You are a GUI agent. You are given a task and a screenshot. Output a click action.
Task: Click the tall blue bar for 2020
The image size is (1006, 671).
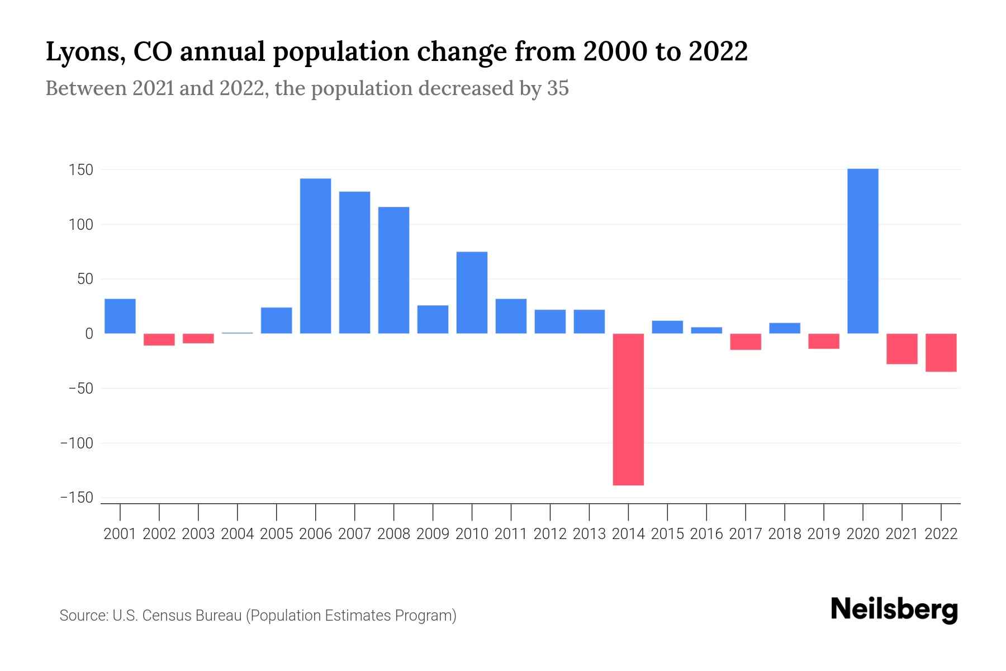click(x=862, y=251)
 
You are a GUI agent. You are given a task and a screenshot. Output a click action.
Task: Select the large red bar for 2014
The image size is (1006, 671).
click(x=628, y=409)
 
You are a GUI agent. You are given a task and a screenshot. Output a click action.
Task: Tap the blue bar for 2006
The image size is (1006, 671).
click(x=315, y=256)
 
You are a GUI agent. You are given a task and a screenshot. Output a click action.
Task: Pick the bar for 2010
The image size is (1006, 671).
click(x=472, y=292)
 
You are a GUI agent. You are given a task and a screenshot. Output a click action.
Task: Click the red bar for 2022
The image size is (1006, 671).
click(x=941, y=352)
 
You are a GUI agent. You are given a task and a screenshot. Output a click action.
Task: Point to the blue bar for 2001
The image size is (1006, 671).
click(x=120, y=316)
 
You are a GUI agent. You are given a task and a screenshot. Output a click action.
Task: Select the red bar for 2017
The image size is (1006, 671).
click(x=746, y=342)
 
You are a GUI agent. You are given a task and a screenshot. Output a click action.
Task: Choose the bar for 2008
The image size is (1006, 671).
click(x=393, y=270)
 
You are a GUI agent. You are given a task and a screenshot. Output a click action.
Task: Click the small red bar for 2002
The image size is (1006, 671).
click(x=159, y=339)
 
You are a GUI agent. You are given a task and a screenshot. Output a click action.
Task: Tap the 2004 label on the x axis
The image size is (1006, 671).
click(x=238, y=534)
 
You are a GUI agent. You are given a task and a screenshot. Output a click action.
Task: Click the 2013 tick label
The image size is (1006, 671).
click(x=589, y=534)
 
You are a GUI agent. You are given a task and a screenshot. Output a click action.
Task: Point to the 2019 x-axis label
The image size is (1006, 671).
click(x=824, y=534)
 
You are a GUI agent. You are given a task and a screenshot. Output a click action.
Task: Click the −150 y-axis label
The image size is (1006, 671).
click(x=77, y=498)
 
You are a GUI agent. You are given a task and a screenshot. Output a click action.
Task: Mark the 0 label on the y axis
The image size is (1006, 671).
click(x=89, y=334)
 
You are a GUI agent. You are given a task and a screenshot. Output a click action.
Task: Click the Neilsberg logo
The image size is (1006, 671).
click(x=894, y=610)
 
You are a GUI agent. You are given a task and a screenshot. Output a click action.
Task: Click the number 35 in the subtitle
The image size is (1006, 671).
click(x=558, y=88)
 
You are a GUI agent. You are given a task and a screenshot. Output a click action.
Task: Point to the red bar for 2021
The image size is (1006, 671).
click(x=901, y=349)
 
